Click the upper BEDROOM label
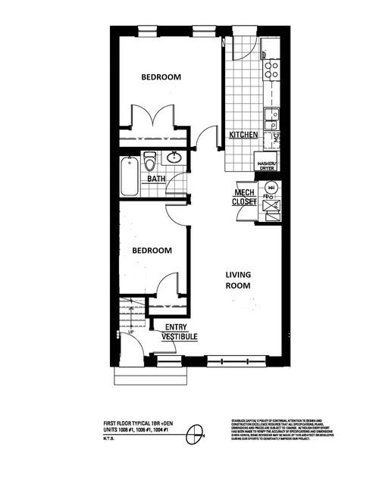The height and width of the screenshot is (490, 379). pyautogui.click(x=161, y=77)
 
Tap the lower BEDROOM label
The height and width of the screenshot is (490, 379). pyautogui.click(x=152, y=251)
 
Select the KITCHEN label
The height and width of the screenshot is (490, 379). pyautogui.click(x=243, y=135)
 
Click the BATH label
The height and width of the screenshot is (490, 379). pyautogui.click(x=156, y=179)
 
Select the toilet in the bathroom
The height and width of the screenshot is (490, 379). pyautogui.click(x=150, y=161)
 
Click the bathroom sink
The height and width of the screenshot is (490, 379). pyautogui.click(x=174, y=158)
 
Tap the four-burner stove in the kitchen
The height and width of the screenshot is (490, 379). pyautogui.click(x=271, y=70)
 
